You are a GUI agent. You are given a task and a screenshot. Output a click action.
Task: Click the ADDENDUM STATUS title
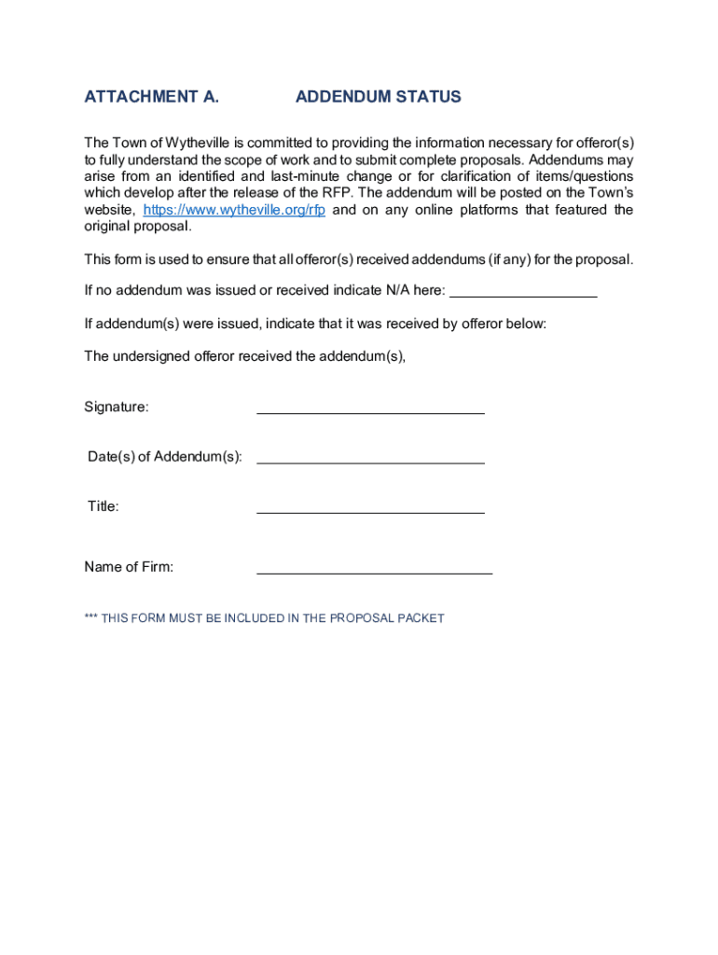[378, 97]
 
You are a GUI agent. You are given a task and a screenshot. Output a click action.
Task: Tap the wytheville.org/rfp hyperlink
[234, 210]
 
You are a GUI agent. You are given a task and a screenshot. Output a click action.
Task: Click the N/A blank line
[523, 292]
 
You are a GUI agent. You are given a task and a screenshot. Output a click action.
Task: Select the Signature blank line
[370, 408]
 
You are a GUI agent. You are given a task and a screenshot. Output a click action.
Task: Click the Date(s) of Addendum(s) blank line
[370, 458]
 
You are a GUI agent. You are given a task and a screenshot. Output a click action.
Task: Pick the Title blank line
[370, 508]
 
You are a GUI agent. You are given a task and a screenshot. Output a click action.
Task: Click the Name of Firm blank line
[374, 569]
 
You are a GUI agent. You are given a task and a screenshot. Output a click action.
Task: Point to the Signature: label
[117, 407]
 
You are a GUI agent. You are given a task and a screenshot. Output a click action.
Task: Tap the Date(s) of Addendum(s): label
[165, 457]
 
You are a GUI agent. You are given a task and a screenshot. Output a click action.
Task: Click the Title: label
[104, 506]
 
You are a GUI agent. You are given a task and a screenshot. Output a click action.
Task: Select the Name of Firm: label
[129, 567]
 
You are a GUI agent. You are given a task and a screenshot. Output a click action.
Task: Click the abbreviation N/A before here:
[397, 290]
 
